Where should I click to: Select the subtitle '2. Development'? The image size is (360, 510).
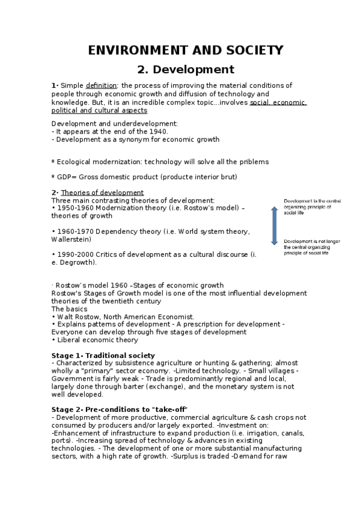pos(185,69)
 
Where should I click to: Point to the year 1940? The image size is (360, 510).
pos(156,131)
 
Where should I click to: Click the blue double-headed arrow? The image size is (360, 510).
pos(274,226)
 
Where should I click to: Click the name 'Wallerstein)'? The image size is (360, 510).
pos(71,239)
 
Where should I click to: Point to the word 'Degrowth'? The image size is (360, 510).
pos(78,262)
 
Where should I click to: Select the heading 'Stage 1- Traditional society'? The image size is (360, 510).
pos(103,355)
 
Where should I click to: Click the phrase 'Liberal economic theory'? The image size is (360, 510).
pos(97,340)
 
